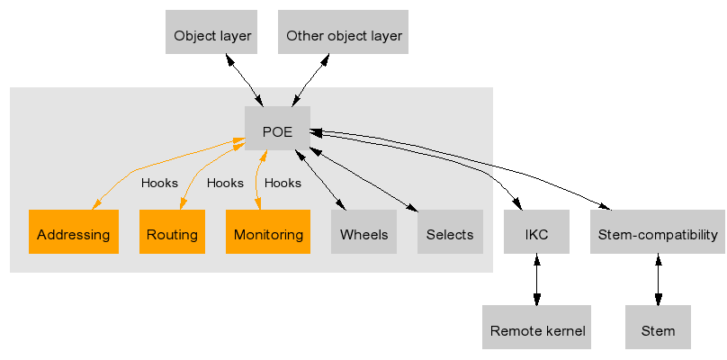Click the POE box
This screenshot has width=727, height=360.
pyautogui.click(x=277, y=131)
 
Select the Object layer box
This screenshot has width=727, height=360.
pyautogui.click(x=211, y=36)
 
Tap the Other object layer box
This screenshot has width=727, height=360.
pyautogui.click(x=343, y=36)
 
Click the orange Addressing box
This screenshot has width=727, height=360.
pyautogui.click(x=73, y=235)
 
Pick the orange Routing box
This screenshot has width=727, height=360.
pyautogui.click(x=172, y=235)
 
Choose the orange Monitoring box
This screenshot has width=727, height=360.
pyautogui.click(x=267, y=235)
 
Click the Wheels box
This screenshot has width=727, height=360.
pyautogui.click(x=363, y=235)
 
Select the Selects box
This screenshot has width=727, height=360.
pyautogui.click(x=450, y=235)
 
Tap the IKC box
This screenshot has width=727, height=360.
pyautogui.click(x=536, y=235)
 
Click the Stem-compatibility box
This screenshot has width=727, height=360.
pyautogui.click(x=658, y=235)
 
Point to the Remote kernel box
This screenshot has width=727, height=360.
pyautogui.click(x=537, y=330)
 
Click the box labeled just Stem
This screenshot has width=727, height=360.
pyautogui.click(x=658, y=330)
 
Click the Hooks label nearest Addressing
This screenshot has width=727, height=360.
pyautogui.click(x=159, y=183)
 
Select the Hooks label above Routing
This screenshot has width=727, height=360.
pyautogui.click(x=225, y=183)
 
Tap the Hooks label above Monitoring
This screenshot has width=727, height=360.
pyautogui.click(x=283, y=183)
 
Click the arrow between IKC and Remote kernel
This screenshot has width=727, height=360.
pyautogui.click(x=536, y=282)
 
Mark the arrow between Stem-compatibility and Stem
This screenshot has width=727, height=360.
pyautogui.click(x=658, y=282)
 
